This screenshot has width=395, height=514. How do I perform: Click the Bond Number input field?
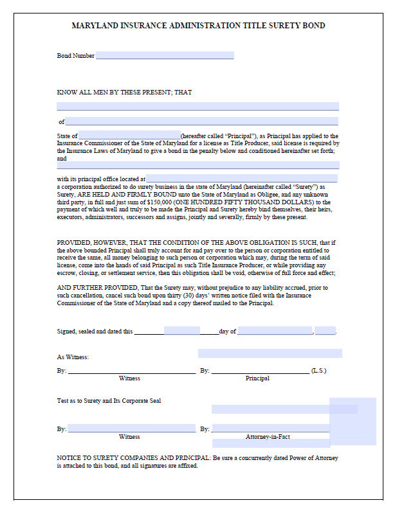tap(164, 56)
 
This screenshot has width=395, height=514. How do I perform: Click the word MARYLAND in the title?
tap(95, 26)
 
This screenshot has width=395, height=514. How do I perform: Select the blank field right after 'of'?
tap(201, 121)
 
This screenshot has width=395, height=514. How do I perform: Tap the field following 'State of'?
tap(129, 136)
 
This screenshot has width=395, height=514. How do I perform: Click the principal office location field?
tap(241, 179)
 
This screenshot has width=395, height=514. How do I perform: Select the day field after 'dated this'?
tap(181, 332)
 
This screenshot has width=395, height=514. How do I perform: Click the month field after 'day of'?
tap(275, 332)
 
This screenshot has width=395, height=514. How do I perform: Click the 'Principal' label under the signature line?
tap(257, 378)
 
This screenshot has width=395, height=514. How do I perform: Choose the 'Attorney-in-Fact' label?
tap(268, 437)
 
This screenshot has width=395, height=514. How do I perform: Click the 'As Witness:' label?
tap(73, 357)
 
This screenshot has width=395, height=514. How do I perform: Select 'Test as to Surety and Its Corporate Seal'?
tap(109, 400)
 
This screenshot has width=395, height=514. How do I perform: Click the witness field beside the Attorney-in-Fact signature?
tap(132, 429)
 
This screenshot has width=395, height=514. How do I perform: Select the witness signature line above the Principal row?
tap(132, 370)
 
